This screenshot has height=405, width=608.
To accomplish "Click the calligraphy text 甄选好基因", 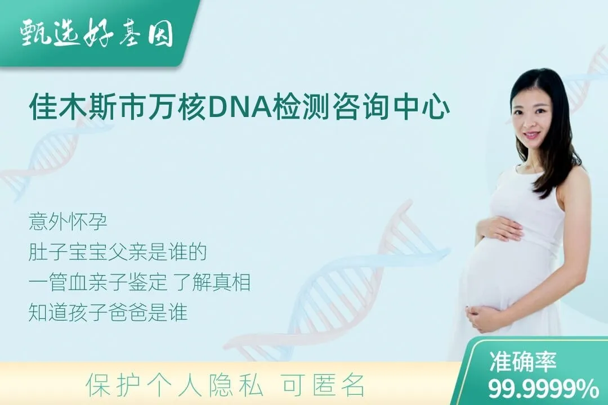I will [x=97, y=34].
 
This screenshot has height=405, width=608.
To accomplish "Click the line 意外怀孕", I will [x=68, y=222].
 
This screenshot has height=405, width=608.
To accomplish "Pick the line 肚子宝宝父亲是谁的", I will [x=118, y=252].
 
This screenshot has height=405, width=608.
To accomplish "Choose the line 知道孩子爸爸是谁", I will [x=108, y=313].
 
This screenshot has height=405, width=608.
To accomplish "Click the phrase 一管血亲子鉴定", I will [x=98, y=282].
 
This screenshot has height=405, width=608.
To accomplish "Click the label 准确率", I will [x=522, y=362].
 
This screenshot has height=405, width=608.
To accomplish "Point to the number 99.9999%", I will [x=543, y=388].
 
